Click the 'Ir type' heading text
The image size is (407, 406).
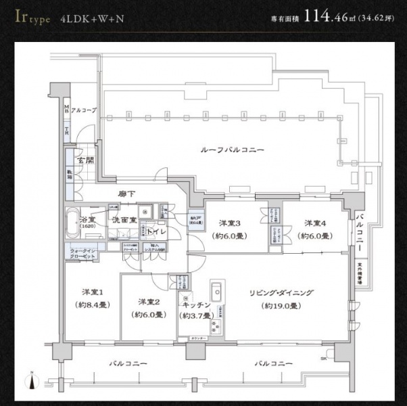coord(30,17)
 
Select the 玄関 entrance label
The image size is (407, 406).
coord(85,161)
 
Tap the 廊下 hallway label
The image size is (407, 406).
coord(126,194)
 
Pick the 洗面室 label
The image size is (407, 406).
coord(124,220)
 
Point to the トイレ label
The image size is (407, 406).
coord(157,231)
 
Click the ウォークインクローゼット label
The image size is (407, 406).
coord(83,254)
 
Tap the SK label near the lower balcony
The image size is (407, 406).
coord(324,357)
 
